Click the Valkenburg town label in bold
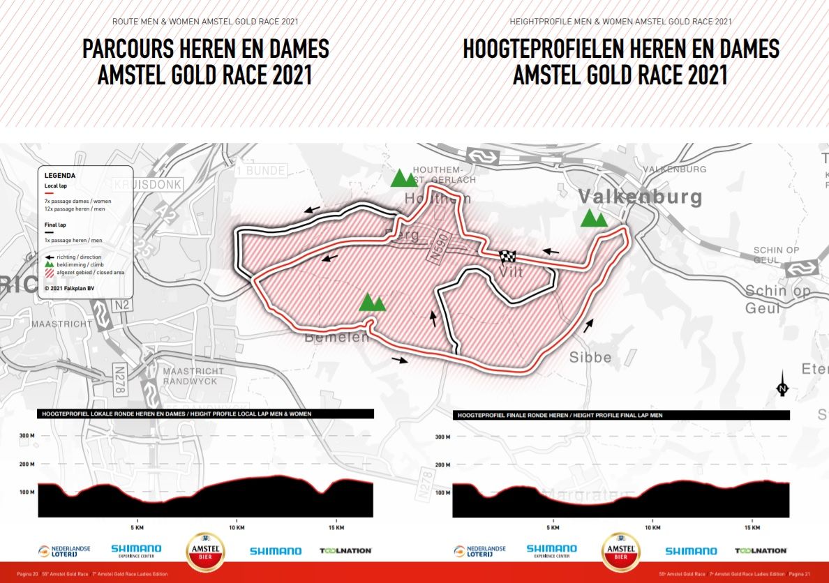(640, 197)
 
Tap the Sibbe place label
(590, 358)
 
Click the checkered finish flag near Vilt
(507, 256)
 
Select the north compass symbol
(782, 385)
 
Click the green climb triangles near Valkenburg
(593, 219)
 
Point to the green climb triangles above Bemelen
(371, 302)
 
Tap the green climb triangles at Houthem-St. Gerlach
(403, 179)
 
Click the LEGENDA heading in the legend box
(59, 176)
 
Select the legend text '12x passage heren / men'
(75, 209)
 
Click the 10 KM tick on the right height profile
(652, 528)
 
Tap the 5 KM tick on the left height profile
(137, 528)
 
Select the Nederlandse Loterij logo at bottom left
(64, 551)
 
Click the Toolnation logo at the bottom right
(760, 551)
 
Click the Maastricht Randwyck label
(193, 376)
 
